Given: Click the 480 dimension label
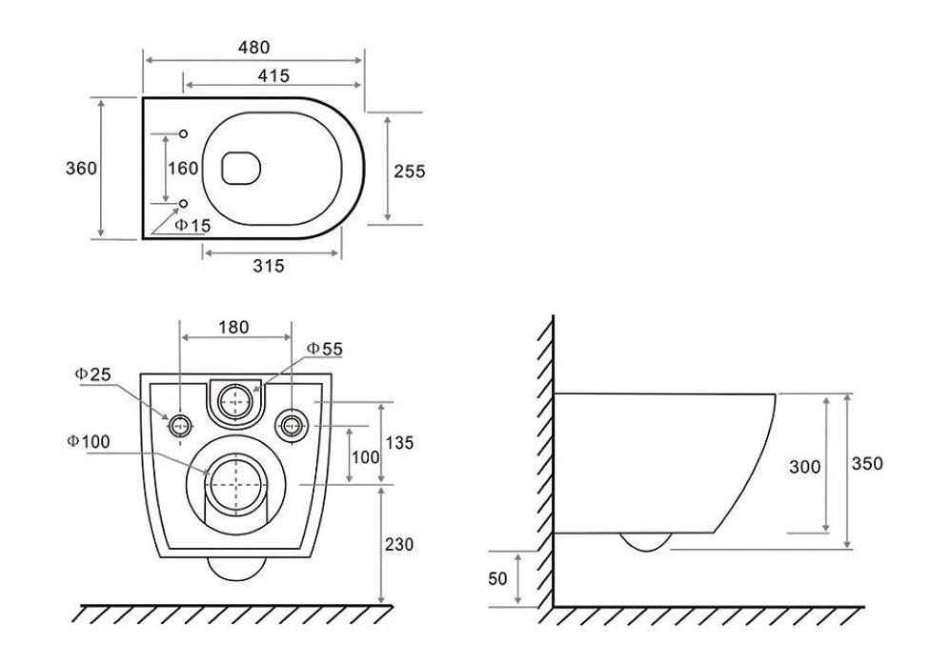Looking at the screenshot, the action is [x=253, y=48].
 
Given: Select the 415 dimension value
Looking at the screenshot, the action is [x=273, y=76].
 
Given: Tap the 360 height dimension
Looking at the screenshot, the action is [x=81, y=168].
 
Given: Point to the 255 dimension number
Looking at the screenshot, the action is [x=410, y=171].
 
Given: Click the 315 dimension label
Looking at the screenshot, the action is [x=268, y=266].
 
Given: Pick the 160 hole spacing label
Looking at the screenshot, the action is [x=183, y=168].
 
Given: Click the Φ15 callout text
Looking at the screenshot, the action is [x=192, y=226].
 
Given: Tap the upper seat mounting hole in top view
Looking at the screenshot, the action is [x=183, y=133].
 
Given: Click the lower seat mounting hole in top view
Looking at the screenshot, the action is [x=183, y=203].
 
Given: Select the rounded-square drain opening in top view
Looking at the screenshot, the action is [x=241, y=168].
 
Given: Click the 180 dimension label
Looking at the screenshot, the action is [x=233, y=328].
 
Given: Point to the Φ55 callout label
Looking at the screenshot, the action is [x=325, y=349].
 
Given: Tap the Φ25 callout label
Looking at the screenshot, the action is [x=92, y=374].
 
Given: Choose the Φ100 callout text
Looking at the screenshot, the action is [x=89, y=441].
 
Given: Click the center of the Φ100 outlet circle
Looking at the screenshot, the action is [x=235, y=485].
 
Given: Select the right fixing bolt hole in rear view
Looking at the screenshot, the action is [x=292, y=426].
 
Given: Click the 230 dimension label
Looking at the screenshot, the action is [x=399, y=544].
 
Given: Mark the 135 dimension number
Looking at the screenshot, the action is [x=399, y=442].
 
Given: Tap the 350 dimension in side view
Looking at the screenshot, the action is [x=867, y=464].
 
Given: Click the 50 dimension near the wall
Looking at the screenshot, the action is [x=497, y=579].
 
